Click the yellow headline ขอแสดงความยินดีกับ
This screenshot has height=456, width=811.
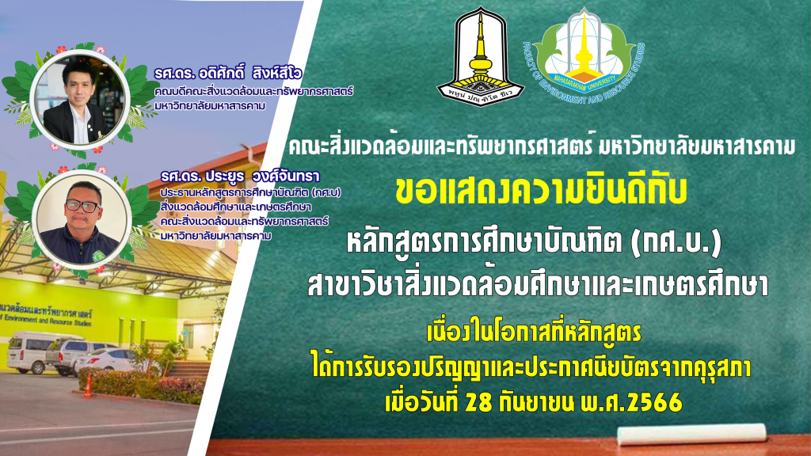coord(540,191)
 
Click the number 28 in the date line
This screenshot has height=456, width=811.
coord(478,402)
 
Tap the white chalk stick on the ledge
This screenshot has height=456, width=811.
coord(691,435)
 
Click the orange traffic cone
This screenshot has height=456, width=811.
coord(89,386)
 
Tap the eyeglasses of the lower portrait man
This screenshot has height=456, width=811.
coord(82,207)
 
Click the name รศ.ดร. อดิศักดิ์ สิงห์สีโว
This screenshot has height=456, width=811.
coord(228,74)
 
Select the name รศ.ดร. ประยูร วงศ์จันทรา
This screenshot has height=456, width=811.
coord(240,177)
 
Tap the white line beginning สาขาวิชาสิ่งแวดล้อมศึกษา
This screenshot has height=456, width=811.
coord(538,285)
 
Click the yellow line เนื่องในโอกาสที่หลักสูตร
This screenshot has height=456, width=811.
coord(534,333)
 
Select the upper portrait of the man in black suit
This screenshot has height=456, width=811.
coord(79,99)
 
